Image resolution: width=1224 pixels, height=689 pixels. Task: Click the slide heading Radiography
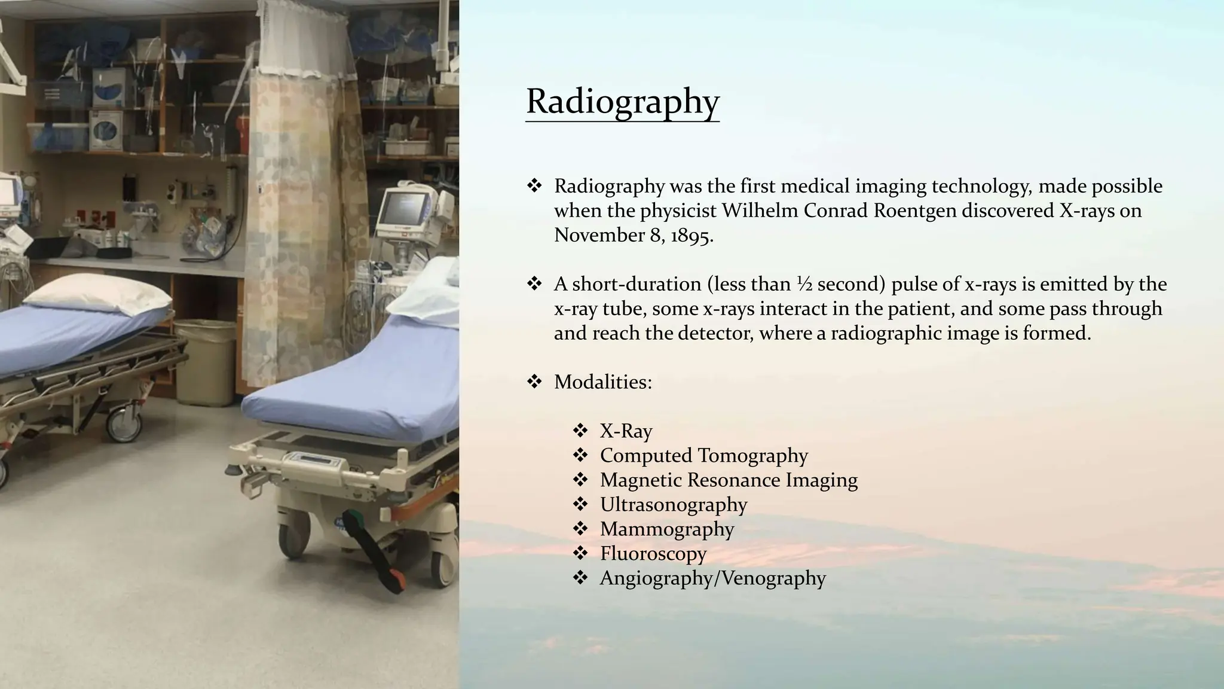pos(622,101)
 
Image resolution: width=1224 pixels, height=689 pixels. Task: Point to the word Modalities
pos(602,382)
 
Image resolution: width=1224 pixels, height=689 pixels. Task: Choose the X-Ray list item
pos(626,431)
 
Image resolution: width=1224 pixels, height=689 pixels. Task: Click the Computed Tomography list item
pos(703,455)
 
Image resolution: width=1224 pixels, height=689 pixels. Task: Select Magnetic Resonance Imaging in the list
pos(728,480)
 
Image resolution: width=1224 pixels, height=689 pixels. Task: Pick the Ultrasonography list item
pos(673,504)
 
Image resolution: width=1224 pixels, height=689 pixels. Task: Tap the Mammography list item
pos(666,529)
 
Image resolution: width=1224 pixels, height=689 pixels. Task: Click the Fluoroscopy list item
pos(653,553)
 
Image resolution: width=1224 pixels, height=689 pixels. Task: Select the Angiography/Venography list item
pos(712,578)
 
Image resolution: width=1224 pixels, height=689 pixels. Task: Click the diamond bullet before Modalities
pos(534,381)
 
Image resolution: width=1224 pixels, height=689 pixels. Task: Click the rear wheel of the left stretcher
pos(124,424)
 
